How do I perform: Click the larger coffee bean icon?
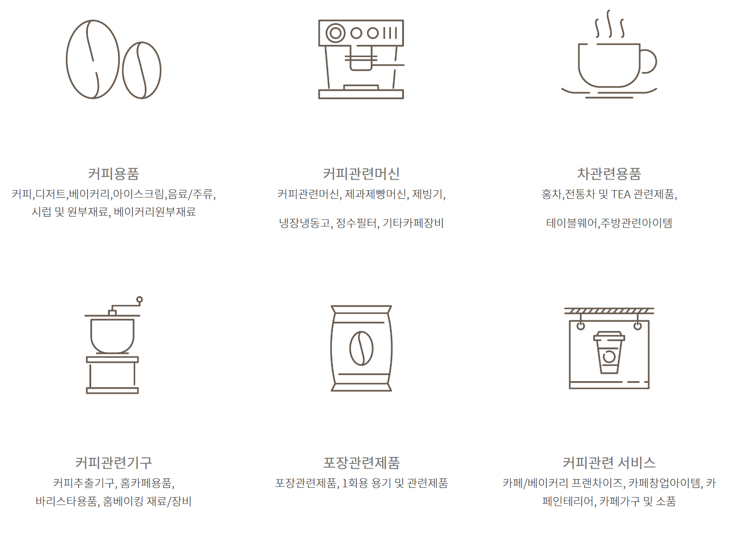pyautogui.click(x=93, y=59)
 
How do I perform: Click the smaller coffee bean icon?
pyautogui.click(x=142, y=70)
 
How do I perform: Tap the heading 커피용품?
pyautogui.click(x=114, y=174)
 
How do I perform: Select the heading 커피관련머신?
pyautogui.click(x=361, y=174)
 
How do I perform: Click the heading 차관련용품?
pyautogui.click(x=609, y=174)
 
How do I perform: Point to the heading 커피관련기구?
pyautogui.click(x=114, y=463)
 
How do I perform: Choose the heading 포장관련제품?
pyautogui.click(x=361, y=463)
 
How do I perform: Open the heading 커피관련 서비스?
pyautogui.click(x=609, y=463)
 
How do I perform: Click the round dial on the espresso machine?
pyautogui.click(x=335, y=33)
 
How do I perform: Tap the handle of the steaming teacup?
pyautogui.click(x=649, y=61)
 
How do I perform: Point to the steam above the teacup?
pyautogui.click(x=609, y=24)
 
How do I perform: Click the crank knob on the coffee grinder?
pyautogui.click(x=139, y=299)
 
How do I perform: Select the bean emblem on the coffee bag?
pyautogui.click(x=361, y=348)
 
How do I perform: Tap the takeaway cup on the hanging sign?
pyautogui.click(x=609, y=353)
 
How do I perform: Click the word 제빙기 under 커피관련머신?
pyautogui.click(x=427, y=194)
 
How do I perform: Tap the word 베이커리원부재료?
pyautogui.click(x=155, y=212)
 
